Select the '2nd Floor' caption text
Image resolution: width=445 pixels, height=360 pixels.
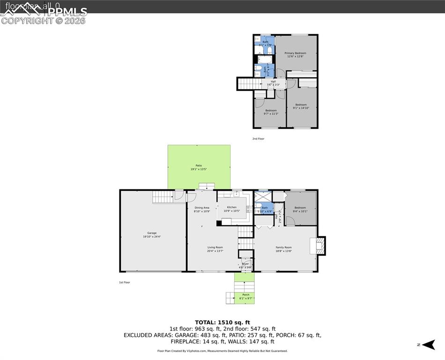click(x=258, y=139)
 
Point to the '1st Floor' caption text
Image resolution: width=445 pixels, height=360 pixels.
click(x=124, y=283)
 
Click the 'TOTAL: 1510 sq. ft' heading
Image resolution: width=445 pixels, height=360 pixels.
click(x=222, y=322)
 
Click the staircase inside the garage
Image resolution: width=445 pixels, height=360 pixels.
click(x=163, y=198)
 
